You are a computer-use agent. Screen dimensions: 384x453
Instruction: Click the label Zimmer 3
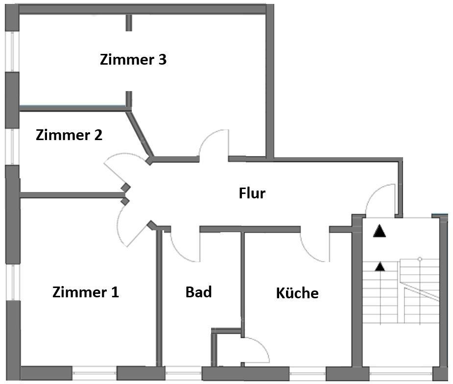[133, 60]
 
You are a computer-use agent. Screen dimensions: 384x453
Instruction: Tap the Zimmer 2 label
[69, 135]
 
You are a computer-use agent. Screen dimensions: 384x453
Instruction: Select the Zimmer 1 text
[85, 292]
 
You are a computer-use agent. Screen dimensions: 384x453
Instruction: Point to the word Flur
[252, 193]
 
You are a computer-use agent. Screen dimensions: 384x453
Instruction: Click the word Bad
[198, 292]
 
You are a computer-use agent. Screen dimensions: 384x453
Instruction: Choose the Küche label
[297, 293]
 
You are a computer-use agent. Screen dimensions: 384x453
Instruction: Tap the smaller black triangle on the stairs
[379, 266]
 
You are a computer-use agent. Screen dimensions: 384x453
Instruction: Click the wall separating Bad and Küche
[242, 284]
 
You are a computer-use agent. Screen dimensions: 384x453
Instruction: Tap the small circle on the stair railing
[420, 259]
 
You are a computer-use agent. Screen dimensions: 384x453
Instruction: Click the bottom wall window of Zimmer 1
[94, 373]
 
